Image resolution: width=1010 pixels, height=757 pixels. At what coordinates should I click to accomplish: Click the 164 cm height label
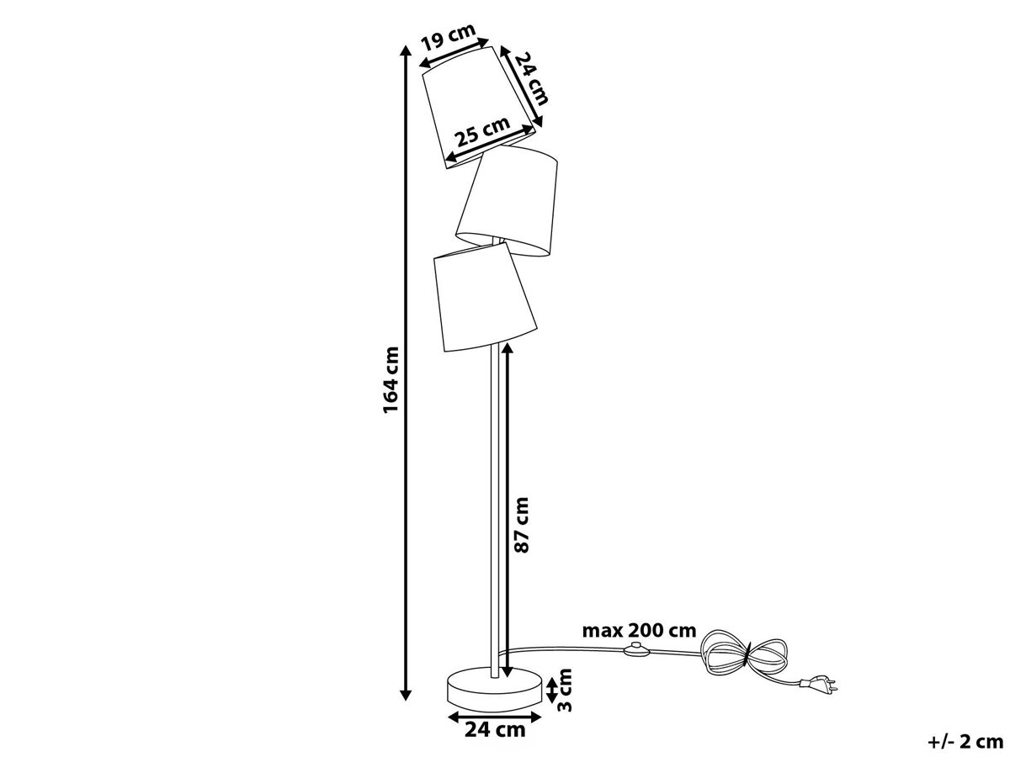pos(391,380)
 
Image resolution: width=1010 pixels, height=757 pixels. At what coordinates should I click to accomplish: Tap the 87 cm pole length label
pos(522,524)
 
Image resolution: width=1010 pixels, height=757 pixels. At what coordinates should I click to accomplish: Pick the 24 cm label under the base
pos(495,729)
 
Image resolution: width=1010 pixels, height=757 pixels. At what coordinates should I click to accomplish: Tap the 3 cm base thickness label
pos(564,691)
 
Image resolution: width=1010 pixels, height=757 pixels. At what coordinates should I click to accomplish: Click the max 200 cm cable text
pos(639,631)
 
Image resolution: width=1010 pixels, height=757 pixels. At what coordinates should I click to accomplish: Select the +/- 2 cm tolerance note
pos(965,742)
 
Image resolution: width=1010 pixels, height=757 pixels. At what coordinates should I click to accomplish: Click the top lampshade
pos(479,107)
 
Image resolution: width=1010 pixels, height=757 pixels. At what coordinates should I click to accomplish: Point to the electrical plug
pos(819,686)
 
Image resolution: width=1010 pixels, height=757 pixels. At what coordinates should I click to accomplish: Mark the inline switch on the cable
pos(636,648)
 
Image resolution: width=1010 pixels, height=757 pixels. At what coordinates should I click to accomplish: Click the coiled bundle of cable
pos(742,659)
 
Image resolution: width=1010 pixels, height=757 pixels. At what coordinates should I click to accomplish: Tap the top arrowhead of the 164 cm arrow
pos(406,51)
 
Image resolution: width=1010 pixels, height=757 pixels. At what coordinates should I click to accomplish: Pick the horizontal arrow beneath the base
pos(495,716)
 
